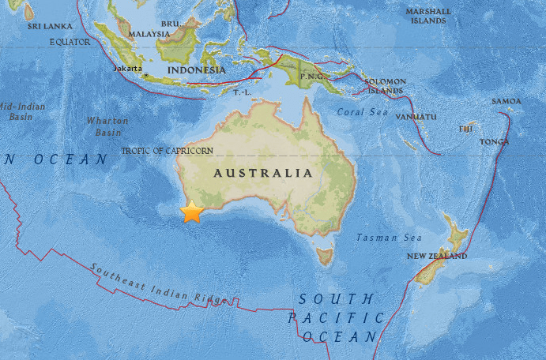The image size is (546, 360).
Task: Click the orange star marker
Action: [x=192, y=212]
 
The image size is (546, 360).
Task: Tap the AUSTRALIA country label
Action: [x=265, y=172]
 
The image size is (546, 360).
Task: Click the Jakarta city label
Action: [x=128, y=69]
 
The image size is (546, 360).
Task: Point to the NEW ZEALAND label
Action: [x=437, y=257]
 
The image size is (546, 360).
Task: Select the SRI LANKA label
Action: [x=45, y=26]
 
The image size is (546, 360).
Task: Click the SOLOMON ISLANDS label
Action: [x=385, y=85]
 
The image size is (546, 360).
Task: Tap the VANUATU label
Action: [x=416, y=117]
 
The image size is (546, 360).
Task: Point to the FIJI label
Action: [x=466, y=128]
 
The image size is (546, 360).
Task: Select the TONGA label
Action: [x=495, y=141]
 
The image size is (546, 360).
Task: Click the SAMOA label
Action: [x=506, y=101]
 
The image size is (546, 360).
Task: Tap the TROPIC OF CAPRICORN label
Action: [x=167, y=150]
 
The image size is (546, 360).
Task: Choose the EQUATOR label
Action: [x=70, y=42]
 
